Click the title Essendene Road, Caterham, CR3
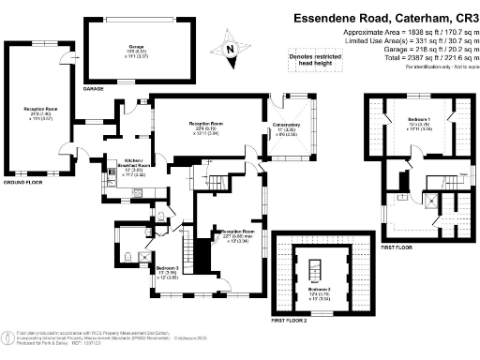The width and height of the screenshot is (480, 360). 397,17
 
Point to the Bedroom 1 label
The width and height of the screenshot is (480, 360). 419,123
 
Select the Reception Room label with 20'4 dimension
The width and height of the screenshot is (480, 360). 205,127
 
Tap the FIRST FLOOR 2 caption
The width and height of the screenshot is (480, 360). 289,322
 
